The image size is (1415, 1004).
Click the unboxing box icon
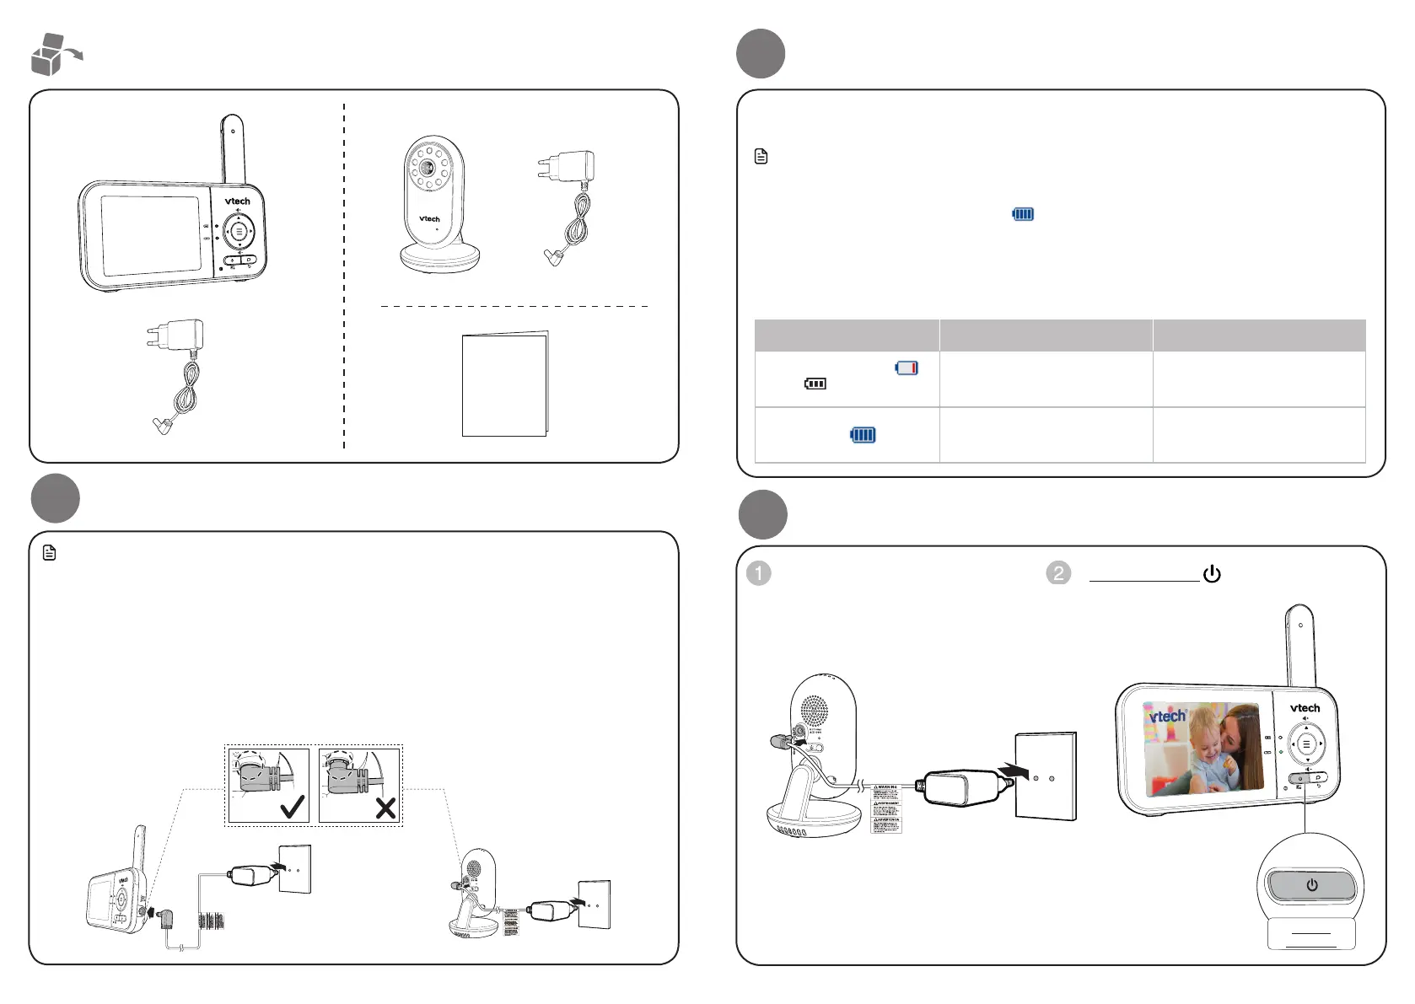pyautogui.click(x=52, y=55)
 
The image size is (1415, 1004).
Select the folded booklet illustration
pyautogui.click(x=505, y=384)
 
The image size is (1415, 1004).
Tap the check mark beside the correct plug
pyautogui.click(x=293, y=808)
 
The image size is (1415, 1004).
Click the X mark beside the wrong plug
pyautogui.click(x=385, y=808)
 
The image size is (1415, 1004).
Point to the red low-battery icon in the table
pyautogui.click(x=907, y=368)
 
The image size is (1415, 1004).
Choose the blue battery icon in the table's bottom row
pyautogui.click(x=863, y=435)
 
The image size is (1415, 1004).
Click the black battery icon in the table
pyautogui.click(x=815, y=384)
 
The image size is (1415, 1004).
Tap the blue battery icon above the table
pyautogui.click(x=1023, y=214)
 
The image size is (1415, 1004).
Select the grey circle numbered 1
pyautogui.click(x=759, y=573)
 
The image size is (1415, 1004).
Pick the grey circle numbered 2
pyautogui.click(x=1057, y=573)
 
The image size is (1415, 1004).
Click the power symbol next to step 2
pyautogui.click(x=1212, y=574)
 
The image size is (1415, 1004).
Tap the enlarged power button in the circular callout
pyautogui.click(x=1311, y=885)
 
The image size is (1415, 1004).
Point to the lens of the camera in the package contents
pyautogui.click(x=428, y=167)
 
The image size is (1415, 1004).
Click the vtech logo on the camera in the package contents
pyautogui.click(x=429, y=219)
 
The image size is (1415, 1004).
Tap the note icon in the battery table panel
pyautogui.click(x=761, y=157)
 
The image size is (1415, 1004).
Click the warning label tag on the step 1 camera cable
pyautogui.click(x=885, y=808)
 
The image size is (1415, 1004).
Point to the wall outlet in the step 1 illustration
pyautogui.click(x=1046, y=776)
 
